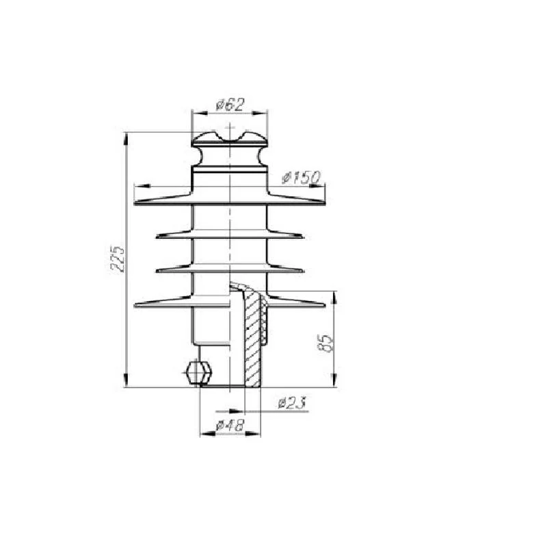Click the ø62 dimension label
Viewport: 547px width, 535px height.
coord(230,105)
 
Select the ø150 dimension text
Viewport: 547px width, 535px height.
coord(301,178)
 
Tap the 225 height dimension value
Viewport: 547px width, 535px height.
coord(117,259)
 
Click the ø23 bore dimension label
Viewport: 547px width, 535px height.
coord(293,403)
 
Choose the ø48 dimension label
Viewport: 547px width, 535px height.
coord(230,426)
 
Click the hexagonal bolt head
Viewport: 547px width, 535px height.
coord(198,373)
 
